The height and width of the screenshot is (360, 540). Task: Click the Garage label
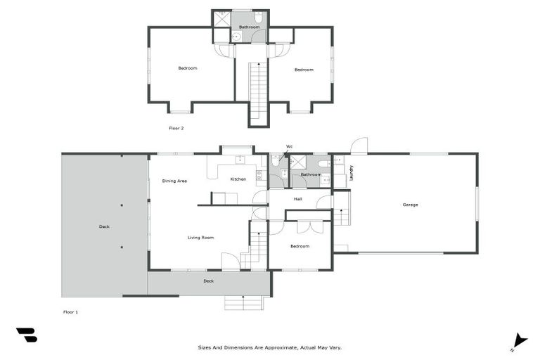410,205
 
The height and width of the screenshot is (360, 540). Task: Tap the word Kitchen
238,179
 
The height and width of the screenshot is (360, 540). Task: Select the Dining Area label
174,181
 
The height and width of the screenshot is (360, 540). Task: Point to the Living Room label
200,238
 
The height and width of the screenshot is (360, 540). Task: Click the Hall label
298,199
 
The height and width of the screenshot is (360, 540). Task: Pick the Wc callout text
289,147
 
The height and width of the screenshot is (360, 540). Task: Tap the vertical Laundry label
352,172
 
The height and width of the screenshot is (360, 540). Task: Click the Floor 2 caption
176,128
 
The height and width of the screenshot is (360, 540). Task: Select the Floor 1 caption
70,311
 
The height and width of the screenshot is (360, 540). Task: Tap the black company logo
27,335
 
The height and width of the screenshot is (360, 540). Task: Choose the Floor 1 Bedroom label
300,246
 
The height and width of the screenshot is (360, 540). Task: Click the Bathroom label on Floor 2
249,27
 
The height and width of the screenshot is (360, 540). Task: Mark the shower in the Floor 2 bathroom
222,18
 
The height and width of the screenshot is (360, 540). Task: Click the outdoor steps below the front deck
243,302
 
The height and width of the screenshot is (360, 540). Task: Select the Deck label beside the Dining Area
104,226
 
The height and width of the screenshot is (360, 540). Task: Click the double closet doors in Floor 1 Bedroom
307,226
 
